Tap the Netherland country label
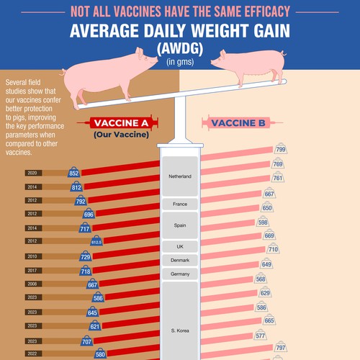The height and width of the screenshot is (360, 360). (x=180, y=176)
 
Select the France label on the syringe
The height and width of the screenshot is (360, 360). (x=180, y=204)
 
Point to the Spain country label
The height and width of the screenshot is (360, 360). (x=180, y=225)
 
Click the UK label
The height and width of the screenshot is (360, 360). (x=180, y=246)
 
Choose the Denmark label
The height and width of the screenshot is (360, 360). (x=180, y=260)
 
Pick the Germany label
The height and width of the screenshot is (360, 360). (x=180, y=274)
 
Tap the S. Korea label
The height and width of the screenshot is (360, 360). (x=180, y=330)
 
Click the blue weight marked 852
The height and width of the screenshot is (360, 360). (x=73, y=173)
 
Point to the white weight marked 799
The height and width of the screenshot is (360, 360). (x=280, y=150)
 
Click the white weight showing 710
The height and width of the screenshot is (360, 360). (x=273, y=249)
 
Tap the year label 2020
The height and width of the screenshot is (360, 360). (x=32, y=173)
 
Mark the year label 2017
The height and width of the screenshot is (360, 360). (x=32, y=270)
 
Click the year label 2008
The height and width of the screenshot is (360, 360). (x=32, y=284)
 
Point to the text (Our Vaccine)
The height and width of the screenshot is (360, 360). (x=125, y=135)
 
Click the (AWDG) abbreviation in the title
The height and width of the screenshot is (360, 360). (x=180, y=49)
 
